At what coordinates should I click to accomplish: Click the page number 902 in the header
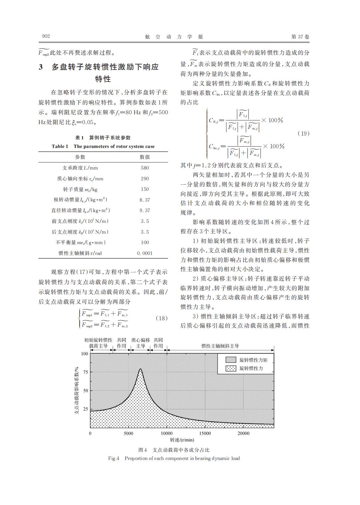(46, 37)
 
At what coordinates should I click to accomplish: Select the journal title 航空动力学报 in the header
(174, 37)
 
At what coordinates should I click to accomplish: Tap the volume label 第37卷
(300, 37)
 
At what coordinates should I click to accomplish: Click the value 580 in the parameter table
(145, 168)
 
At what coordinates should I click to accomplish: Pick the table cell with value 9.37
(145, 210)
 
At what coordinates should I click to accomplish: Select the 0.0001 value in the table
(145, 253)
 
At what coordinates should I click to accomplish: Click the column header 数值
(145, 157)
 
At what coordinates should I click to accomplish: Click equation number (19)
(303, 133)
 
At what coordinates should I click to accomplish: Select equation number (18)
(162, 318)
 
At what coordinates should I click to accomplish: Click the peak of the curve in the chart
(140, 369)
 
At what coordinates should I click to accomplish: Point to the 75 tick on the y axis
(85, 372)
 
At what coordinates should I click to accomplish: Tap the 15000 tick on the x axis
(205, 433)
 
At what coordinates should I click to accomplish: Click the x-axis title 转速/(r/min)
(182, 440)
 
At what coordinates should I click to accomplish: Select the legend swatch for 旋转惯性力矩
(231, 360)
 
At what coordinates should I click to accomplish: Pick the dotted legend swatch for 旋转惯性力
(231, 369)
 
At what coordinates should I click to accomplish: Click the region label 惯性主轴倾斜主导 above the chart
(220, 346)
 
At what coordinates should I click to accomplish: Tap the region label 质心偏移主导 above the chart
(141, 343)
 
